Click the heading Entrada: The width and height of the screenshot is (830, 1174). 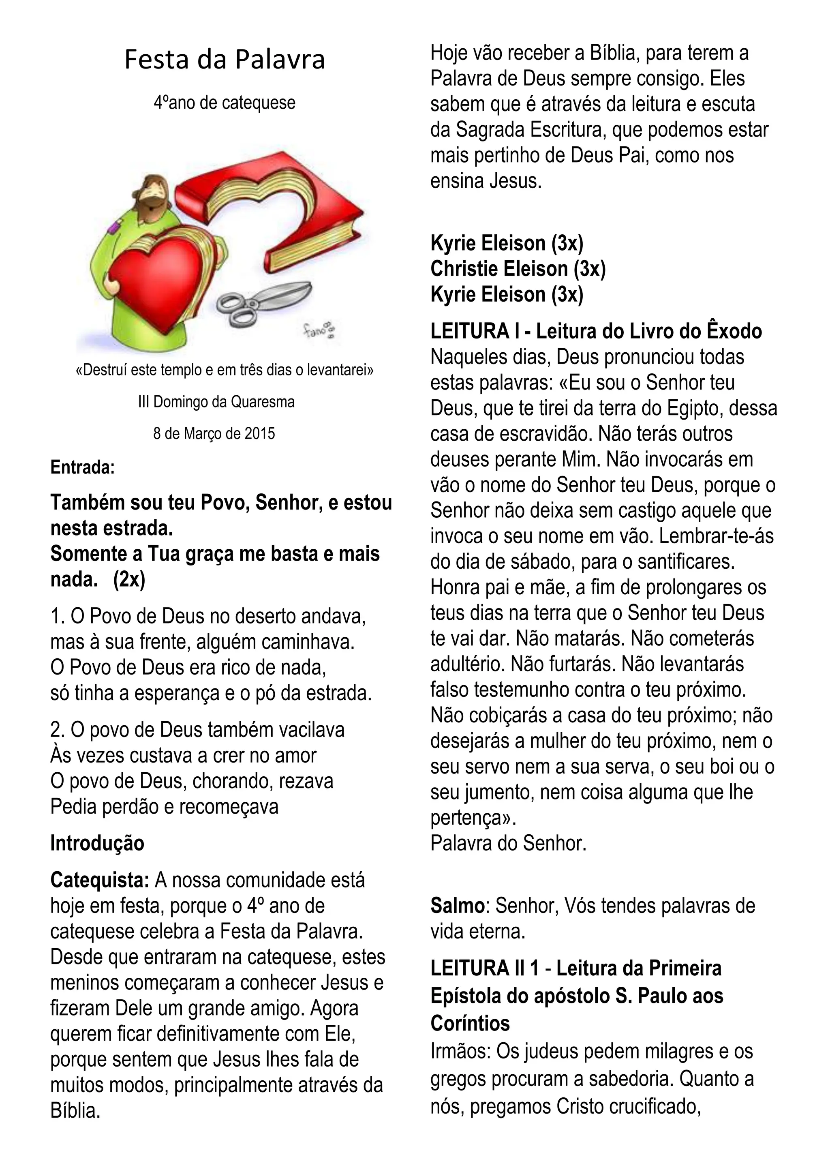tap(82, 467)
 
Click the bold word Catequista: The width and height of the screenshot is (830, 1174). tap(100, 880)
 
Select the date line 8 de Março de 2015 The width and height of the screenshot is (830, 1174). tap(214, 434)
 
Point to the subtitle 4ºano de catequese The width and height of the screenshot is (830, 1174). tap(225, 103)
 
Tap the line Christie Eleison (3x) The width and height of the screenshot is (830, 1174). tap(518, 269)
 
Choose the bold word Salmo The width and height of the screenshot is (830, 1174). tap(457, 906)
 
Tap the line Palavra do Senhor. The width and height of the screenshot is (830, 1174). tap(508, 843)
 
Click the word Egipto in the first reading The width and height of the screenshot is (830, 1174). tap(695, 408)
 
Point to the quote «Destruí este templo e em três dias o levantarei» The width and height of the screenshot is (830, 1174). tap(225, 370)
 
